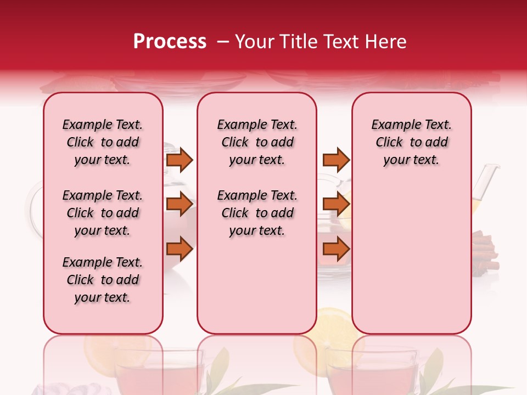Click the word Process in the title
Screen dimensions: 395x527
pos(170,42)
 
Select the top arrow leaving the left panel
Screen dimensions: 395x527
pos(180,160)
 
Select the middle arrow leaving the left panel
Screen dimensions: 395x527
pos(180,204)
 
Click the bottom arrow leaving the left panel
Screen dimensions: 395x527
pos(180,249)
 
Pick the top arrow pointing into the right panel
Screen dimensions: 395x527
pos(336,160)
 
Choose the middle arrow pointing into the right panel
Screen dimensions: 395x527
pos(336,204)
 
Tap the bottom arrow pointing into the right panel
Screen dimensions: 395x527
pos(336,249)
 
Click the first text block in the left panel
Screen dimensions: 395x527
pos(103,142)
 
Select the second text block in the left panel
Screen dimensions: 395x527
pos(103,213)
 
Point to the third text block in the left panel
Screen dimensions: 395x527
pos(103,280)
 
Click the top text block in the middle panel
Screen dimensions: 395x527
pos(257,142)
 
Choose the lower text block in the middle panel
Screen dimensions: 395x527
pos(257,213)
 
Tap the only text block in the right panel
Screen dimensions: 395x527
pos(411,142)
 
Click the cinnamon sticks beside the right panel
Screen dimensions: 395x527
pos(485,252)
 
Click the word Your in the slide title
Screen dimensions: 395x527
pos(253,42)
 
